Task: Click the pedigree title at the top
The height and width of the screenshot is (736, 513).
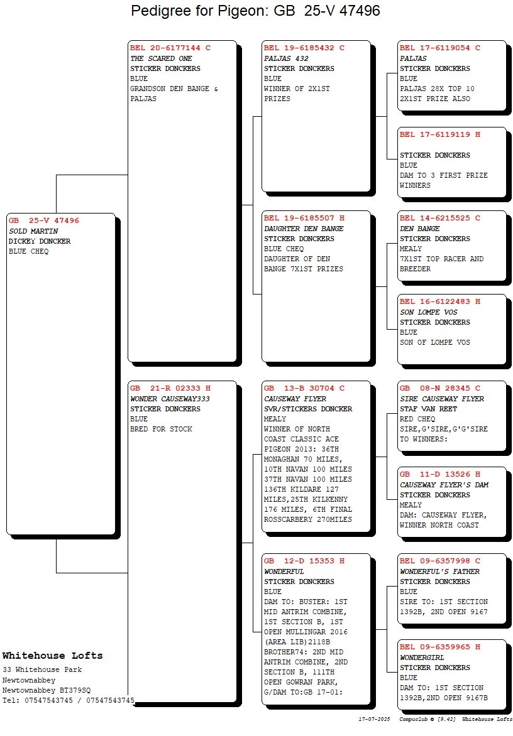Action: pyautogui.click(x=255, y=11)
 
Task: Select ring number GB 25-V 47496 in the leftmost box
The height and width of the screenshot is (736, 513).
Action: pyautogui.click(x=43, y=220)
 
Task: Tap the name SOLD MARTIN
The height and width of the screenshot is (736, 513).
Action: pyautogui.click(x=33, y=231)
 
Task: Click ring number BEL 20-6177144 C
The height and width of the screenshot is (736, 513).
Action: pyautogui.click(x=170, y=48)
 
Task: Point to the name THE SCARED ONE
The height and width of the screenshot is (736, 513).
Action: pyautogui.click(x=161, y=58)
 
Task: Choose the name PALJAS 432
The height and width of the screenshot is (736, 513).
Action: pyautogui.click(x=286, y=58)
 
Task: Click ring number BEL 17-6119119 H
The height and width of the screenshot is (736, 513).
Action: pyautogui.click(x=439, y=135)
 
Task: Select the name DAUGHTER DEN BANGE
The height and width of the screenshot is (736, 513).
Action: pyautogui.click(x=304, y=229)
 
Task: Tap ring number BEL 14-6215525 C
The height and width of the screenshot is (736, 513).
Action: pyautogui.click(x=439, y=219)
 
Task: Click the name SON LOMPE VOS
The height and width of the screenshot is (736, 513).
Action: pyautogui.click(x=428, y=312)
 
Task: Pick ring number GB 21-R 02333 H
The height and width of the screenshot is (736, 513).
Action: pyautogui.click(x=170, y=389)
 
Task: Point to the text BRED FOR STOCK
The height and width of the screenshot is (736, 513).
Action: pyautogui.click(x=161, y=429)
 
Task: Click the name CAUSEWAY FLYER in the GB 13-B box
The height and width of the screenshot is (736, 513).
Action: pyautogui.click(x=295, y=399)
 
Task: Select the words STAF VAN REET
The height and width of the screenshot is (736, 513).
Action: pyautogui.click(x=428, y=409)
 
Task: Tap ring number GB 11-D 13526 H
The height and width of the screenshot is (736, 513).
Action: pyautogui.click(x=439, y=475)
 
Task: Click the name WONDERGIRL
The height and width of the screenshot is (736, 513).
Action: pyautogui.click(x=422, y=658)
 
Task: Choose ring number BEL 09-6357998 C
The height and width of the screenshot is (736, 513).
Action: pyautogui.click(x=439, y=561)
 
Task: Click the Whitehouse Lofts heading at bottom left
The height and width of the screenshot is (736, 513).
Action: pyautogui.click(x=53, y=655)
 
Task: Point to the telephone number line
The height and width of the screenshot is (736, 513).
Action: pyautogui.click(x=68, y=700)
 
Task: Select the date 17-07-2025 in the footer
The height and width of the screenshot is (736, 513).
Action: pyautogui.click(x=375, y=719)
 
